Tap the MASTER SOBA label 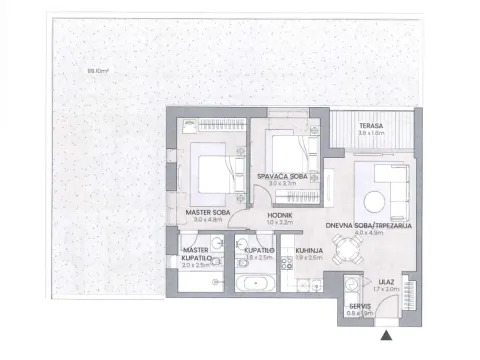click(208, 212)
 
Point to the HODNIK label click(279, 214)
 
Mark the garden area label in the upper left click(70, 70)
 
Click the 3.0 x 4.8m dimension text click(208, 220)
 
